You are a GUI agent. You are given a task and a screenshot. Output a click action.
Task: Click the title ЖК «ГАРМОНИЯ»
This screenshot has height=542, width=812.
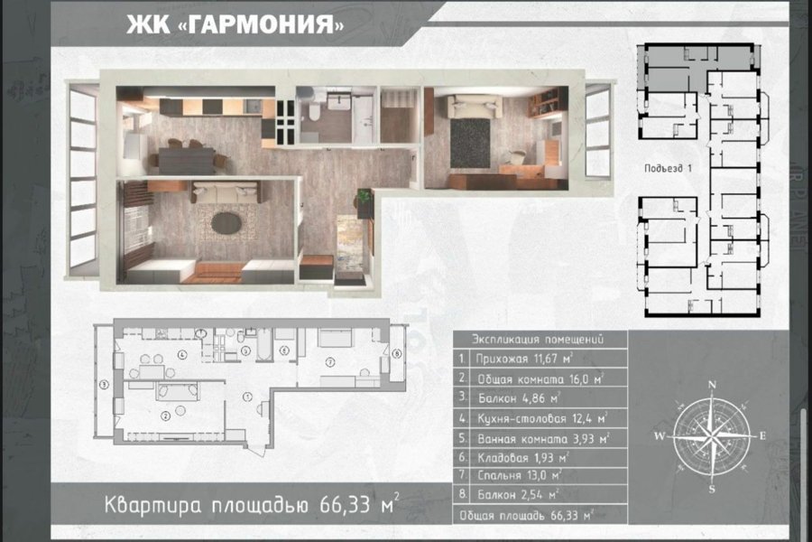click(235, 23)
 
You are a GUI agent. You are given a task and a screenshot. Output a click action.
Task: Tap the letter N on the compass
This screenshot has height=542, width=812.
click(712, 384)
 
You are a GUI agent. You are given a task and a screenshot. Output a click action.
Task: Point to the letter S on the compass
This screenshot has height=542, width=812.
click(712, 489)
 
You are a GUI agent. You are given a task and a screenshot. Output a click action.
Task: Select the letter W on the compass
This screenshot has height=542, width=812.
click(660, 436)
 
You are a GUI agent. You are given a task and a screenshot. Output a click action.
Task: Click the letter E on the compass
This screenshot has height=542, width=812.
click(762, 436)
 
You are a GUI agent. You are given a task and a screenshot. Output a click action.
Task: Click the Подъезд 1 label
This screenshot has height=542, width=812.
click(668, 169)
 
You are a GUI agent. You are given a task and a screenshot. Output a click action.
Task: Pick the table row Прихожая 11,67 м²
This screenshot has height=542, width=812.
click(540, 359)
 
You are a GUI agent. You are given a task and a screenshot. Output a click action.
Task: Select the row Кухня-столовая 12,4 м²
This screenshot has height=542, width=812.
click(540, 418)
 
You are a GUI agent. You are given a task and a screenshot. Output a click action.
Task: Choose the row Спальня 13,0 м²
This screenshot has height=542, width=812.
click(540, 476)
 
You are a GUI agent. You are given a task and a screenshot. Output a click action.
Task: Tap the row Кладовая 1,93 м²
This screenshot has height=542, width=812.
click(540, 458)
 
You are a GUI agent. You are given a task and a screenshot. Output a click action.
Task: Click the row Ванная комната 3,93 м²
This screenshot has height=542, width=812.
click(540, 438)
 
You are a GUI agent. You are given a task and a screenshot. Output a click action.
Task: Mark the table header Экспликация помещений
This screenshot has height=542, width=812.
click(538, 340)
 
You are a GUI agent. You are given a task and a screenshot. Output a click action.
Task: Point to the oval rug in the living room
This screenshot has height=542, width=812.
click(226, 223)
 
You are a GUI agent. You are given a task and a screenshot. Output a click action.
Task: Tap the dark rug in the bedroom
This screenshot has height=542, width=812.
click(470, 143)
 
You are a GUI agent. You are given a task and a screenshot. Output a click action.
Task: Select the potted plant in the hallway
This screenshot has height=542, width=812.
click(365, 198)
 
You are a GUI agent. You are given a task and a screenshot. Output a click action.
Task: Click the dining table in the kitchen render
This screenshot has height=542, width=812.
click(187, 161)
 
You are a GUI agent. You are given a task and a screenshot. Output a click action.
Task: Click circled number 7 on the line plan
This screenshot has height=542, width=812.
click(330, 361)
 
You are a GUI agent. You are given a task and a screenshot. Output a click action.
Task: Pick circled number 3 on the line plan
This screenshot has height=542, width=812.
click(104, 384)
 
